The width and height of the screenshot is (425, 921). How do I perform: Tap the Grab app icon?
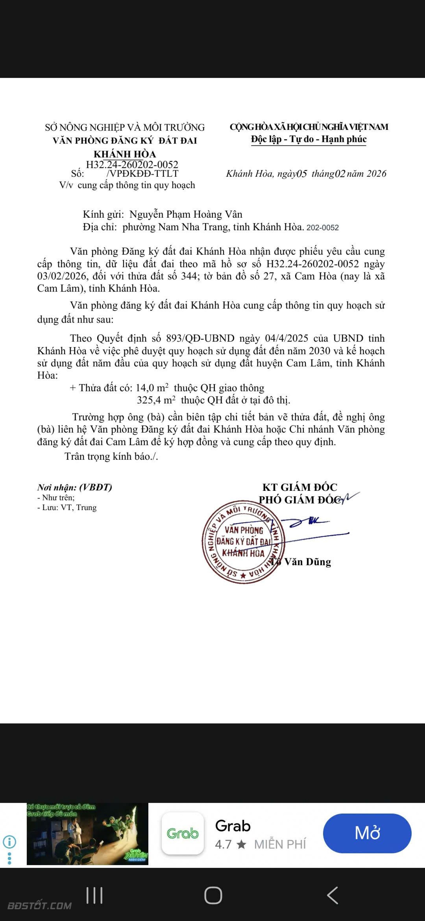pyautogui.click(x=183, y=833)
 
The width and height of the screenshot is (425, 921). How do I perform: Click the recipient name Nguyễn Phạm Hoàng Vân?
pyautogui.click(x=186, y=214)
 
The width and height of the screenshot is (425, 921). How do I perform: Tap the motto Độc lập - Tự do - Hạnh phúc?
pyautogui.click(x=309, y=139)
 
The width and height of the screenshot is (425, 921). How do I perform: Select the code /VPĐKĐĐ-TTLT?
pyautogui.click(x=142, y=174)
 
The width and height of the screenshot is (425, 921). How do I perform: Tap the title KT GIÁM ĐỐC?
pyautogui.click(x=300, y=487)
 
